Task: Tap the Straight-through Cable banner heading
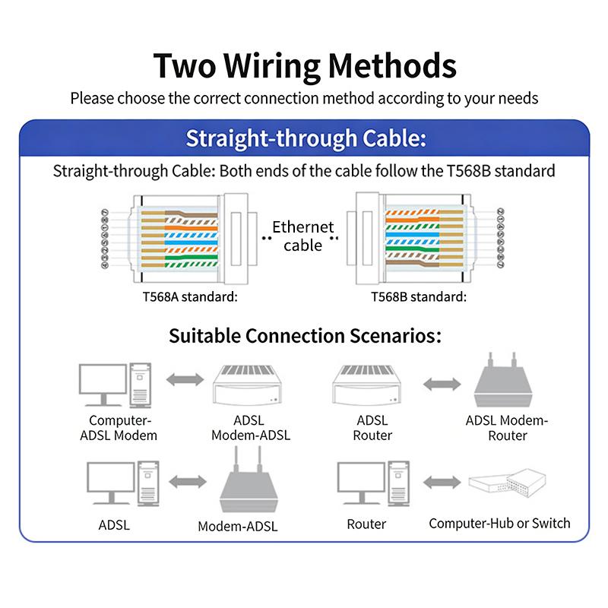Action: coord(305,139)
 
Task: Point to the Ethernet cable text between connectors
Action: coord(302,235)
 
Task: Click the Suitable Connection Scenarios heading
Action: coord(305,335)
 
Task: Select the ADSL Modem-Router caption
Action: coord(507,428)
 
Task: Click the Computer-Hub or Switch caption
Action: coord(499,523)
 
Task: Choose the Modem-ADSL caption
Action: coord(238,526)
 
